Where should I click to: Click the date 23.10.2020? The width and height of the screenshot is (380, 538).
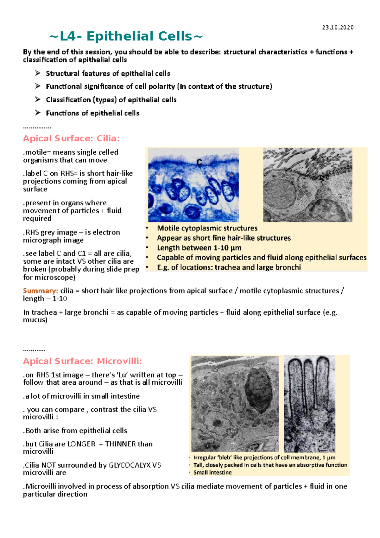point(338,28)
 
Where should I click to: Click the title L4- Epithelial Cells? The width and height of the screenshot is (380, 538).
point(126,36)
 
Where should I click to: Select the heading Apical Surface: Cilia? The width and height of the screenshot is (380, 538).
point(71,138)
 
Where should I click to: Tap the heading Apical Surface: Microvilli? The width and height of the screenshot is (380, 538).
point(82,361)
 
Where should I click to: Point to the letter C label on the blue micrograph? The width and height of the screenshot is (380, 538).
point(199,163)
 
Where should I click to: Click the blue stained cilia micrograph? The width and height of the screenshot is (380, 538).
point(193,185)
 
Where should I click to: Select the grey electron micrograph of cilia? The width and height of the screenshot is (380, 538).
point(307,185)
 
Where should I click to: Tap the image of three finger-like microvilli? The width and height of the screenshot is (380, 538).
point(309,404)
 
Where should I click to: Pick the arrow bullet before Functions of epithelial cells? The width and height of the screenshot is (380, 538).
point(38,113)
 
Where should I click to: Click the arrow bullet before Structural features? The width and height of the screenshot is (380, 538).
point(38,74)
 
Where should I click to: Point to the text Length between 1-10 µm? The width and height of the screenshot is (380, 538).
point(199,248)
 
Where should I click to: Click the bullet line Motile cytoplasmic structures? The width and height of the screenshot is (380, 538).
point(207,228)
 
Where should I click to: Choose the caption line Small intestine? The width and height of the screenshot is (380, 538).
point(212,472)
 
